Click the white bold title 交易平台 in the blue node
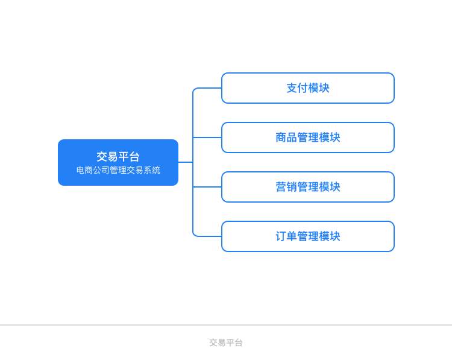[118, 157]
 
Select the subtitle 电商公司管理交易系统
[118, 170]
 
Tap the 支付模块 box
[308, 88]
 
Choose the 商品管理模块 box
[308, 137]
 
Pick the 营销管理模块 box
[308, 187]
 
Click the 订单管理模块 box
[308, 236]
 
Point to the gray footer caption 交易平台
[226, 343]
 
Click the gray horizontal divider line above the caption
[226, 325]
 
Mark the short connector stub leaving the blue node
[186, 162]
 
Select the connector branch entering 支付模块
[207, 88]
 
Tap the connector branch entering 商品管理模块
[207, 137]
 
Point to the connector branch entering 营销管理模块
[207, 187]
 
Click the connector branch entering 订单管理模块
[207, 236]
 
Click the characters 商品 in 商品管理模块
[286, 137]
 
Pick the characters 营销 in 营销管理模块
[286, 187]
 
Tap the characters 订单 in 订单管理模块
[286, 236]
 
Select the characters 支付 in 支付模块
[297, 88]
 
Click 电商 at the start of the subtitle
[84, 170]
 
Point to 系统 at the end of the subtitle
[152, 170]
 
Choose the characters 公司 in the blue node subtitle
[101, 170]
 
